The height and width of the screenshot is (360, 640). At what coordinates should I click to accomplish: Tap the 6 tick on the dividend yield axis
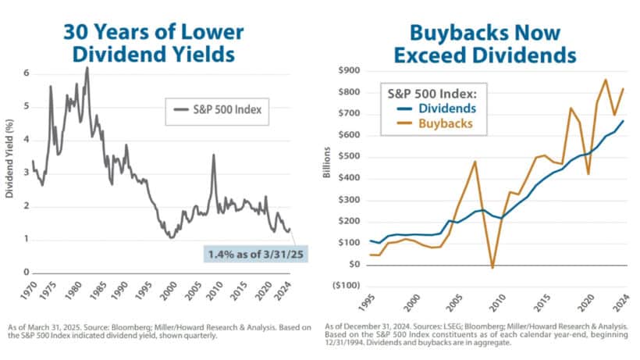coord(26,73)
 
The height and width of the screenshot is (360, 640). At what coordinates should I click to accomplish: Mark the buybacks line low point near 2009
coord(492,268)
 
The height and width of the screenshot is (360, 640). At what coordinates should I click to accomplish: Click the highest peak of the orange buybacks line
coord(606,80)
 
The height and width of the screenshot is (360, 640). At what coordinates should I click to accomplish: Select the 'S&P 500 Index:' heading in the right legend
coord(437,92)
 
